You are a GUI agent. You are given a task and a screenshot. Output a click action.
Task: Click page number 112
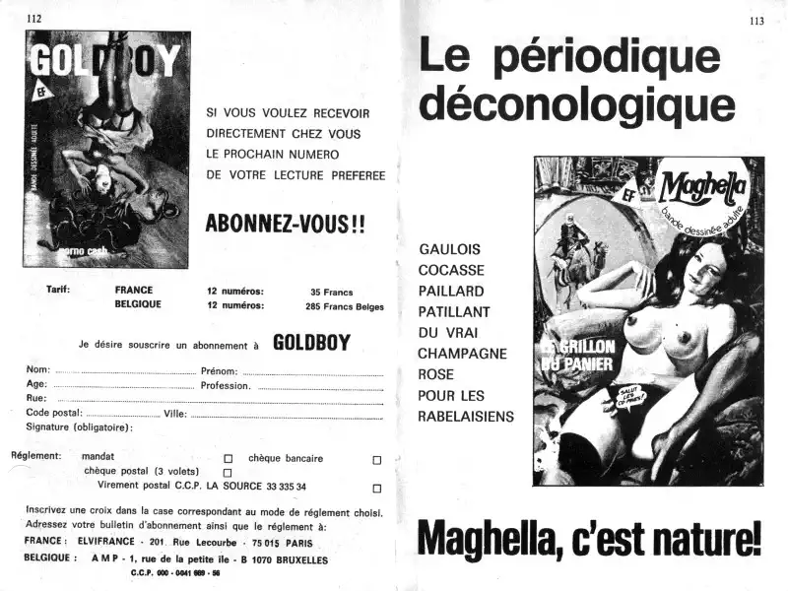[34, 18]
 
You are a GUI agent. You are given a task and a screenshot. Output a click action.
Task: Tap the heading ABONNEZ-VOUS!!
[285, 224]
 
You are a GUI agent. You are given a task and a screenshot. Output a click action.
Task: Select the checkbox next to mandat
[229, 459]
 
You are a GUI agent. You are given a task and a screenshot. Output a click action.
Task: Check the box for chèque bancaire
[376, 459]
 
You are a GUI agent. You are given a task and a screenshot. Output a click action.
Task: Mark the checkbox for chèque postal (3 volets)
[229, 473]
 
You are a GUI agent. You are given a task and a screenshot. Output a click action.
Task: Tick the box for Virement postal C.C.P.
[376, 488]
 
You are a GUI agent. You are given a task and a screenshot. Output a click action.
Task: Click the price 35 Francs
[331, 293]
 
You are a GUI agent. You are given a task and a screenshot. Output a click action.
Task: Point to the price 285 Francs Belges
[344, 306]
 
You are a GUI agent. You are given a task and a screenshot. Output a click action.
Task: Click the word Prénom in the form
[218, 371]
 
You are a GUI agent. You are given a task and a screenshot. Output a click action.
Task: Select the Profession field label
[227, 386]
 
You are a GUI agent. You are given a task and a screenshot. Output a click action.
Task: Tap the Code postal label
[54, 414]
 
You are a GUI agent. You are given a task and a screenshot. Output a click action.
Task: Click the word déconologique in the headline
[576, 104]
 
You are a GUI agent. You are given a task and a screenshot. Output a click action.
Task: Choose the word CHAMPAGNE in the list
[462, 353]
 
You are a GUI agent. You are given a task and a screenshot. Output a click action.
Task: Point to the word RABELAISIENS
[466, 417]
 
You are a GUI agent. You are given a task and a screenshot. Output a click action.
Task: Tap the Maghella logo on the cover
[703, 187]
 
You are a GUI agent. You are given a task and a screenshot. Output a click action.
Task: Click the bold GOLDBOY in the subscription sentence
[311, 344]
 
